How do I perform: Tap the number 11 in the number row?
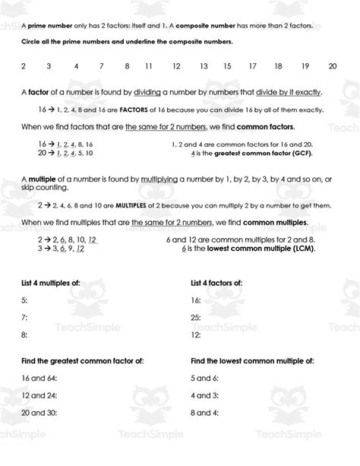click(x=149, y=66)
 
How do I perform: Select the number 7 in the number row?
click(x=101, y=66)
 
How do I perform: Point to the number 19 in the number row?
click(x=305, y=66)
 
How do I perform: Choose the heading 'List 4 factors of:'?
click(x=216, y=283)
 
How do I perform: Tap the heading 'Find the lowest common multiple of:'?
click(x=248, y=360)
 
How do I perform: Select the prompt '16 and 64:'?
click(x=39, y=377)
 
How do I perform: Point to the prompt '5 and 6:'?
click(x=204, y=377)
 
